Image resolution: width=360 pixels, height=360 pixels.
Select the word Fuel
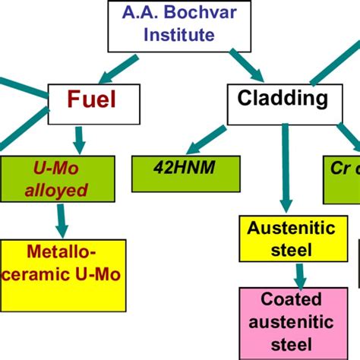(x=93, y=100)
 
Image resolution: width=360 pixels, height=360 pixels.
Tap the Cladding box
(x=283, y=99)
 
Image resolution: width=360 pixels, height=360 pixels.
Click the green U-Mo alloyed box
(x=58, y=180)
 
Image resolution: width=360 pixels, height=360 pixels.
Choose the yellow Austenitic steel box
(x=282, y=238)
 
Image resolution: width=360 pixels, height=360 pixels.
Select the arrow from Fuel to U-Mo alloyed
(x=79, y=137)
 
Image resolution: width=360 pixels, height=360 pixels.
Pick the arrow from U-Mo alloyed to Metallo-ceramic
(x=60, y=221)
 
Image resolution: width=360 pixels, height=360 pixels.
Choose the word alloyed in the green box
(x=58, y=191)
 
